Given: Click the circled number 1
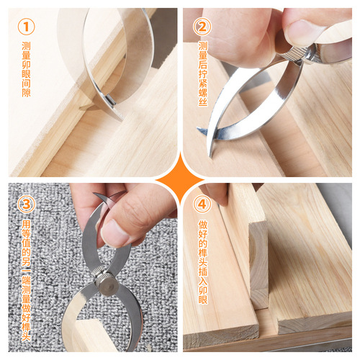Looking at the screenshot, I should pos(25,27).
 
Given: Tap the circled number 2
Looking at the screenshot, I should pos(203,27).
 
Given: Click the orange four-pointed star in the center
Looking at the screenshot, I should pos(180,180).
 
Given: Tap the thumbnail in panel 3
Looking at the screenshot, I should pos(114,232).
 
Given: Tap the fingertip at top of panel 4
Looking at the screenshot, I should pos(217,193).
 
